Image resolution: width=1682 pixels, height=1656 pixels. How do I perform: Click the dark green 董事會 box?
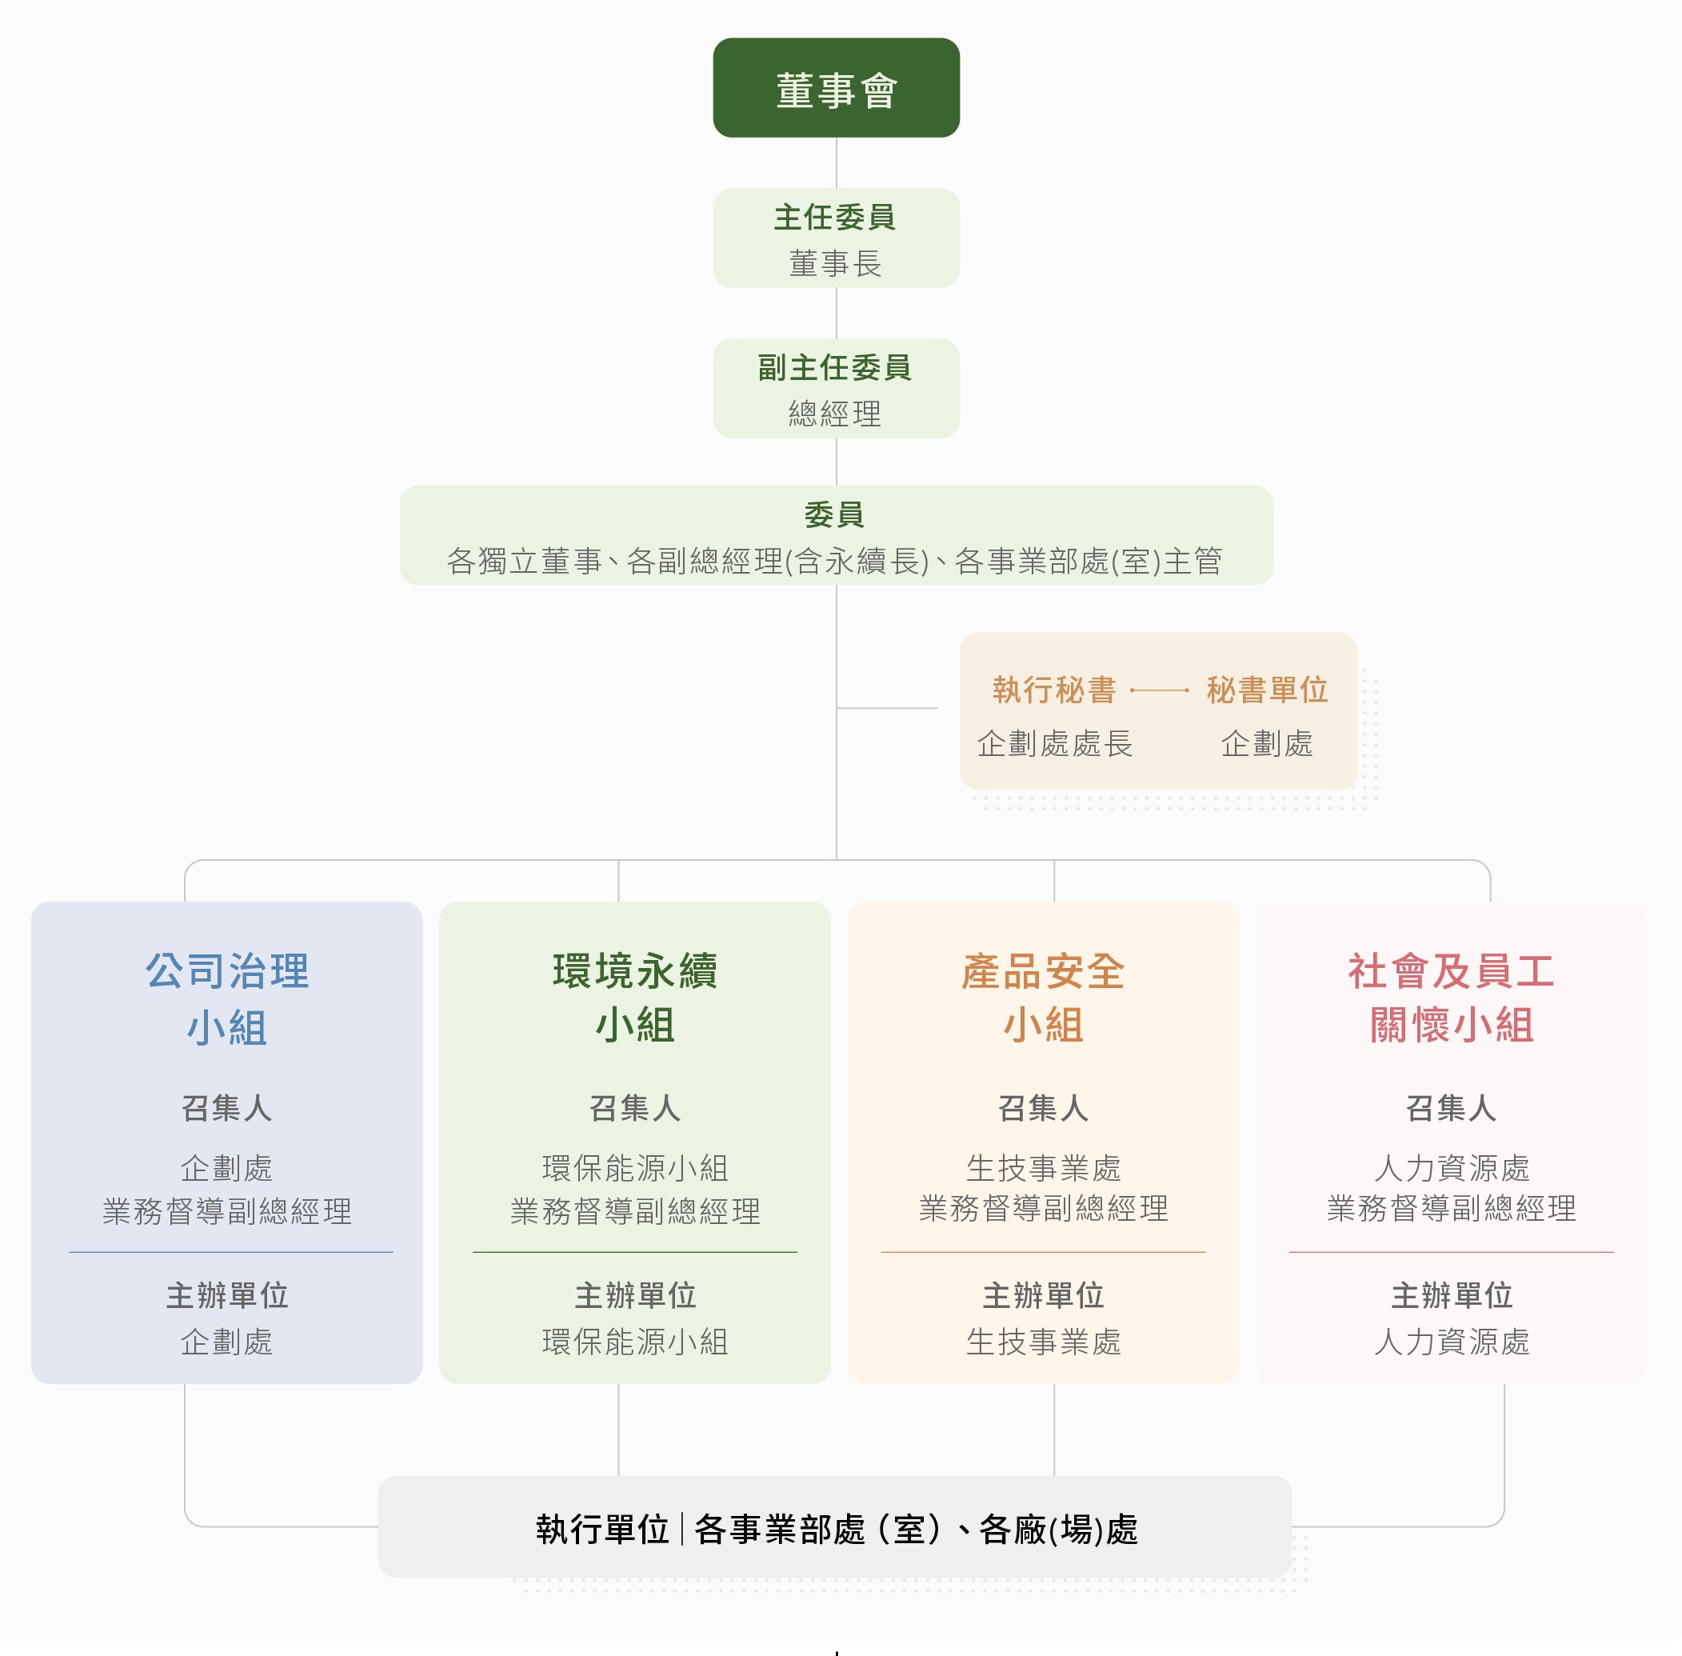tap(836, 87)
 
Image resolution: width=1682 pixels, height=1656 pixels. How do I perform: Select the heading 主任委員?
tap(835, 217)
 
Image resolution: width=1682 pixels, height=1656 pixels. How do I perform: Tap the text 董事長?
tap(835, 262)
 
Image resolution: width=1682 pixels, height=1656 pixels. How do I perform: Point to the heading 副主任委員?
tap(835, 367)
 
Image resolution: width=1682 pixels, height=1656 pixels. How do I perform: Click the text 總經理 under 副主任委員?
tap(835, 413)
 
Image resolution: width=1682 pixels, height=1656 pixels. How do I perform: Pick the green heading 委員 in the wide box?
tap(835, 515)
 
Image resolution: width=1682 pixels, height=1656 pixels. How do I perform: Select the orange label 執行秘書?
tap(1054, 690)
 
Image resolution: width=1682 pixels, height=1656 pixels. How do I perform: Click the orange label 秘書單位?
tap(1267, 690)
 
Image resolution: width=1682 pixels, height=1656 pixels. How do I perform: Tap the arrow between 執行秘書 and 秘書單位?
tap(1159, 690)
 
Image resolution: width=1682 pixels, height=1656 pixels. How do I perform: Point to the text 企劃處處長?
tap(1054, 744)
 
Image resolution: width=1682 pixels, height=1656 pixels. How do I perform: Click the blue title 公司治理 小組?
tap(227, 998)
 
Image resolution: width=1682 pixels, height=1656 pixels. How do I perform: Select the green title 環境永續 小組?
tap(635, 998)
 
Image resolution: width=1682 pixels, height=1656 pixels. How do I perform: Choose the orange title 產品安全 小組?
tap(1043, 998)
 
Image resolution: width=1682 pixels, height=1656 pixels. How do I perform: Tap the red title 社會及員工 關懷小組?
tap(1452, 998)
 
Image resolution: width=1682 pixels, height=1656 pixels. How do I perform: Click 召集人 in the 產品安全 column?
tap(1043, 1108)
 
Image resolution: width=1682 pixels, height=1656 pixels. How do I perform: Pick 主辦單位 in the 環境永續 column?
tap(635, 1295)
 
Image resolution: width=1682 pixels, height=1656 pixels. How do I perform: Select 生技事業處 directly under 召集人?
tap(1043, 1168)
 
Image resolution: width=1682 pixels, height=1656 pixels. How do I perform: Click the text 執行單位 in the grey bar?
tap(601, 1529)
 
